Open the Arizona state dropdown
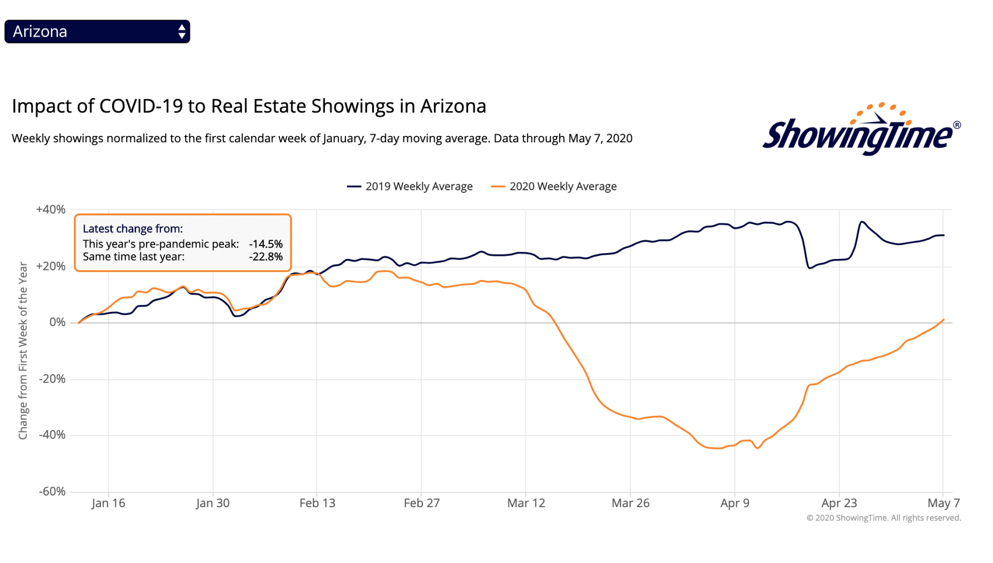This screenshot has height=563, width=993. point(97,32)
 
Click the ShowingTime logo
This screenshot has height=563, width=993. point(861,130)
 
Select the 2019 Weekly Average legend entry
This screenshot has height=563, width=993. point(410,187)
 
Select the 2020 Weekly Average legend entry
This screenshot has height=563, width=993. point(554,187)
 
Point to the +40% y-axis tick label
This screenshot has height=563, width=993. point(51,210)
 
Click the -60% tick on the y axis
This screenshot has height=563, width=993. point(52,492)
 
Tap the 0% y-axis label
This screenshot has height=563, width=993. point(57,323)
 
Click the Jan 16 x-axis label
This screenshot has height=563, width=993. point(108,504)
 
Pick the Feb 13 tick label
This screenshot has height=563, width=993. point(317,504)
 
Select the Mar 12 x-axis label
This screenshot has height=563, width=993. point(526,504)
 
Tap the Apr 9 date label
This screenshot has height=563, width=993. point(734,504)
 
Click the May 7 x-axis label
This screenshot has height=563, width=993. point(943,504)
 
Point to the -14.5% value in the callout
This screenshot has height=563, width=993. point(266,244)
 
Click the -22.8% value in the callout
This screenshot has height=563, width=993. point(266,257)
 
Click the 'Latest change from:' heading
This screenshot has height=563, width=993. point(133,229)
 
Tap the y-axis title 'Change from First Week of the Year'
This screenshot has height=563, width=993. point(23,351)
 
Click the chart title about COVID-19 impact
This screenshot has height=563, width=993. point(249,106)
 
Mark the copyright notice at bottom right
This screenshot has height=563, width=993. point(883,518)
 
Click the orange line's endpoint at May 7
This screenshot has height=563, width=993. point(944,320)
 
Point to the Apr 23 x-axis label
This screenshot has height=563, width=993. point(839,504)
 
